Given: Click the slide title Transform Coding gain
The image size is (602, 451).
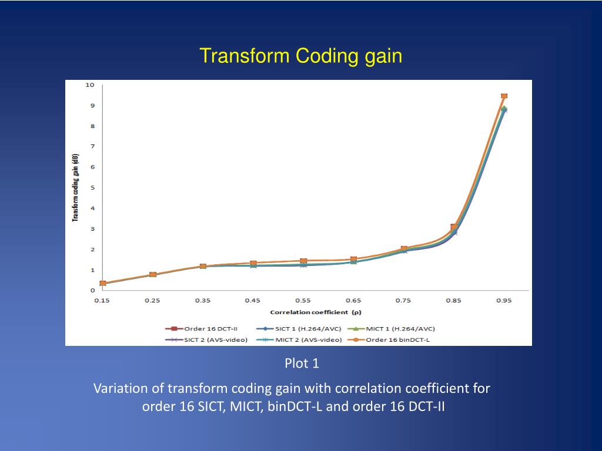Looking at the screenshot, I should [x=300, y=56].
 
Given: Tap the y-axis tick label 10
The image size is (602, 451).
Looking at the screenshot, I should [x=90, y=85].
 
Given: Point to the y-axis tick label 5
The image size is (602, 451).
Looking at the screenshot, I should [x=92, y=188].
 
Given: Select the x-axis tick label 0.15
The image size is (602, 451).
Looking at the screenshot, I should [x=102, y=301].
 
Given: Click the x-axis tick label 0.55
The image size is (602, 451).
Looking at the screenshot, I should [x=303, y=301].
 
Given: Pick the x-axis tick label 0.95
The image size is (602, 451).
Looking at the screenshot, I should [x=503, y=301].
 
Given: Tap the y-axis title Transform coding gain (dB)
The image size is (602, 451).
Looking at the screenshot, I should [x=76, y=189].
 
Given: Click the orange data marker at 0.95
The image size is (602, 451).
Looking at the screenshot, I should [x=504, y=96].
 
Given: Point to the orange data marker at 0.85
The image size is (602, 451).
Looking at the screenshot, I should [x=454, y=227].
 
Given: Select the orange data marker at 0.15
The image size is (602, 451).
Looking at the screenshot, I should [x=103, y=284].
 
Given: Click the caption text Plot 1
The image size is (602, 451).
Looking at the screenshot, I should [x=302, y=364].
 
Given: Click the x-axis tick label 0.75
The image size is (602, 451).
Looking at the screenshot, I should [x=403, y=301].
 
